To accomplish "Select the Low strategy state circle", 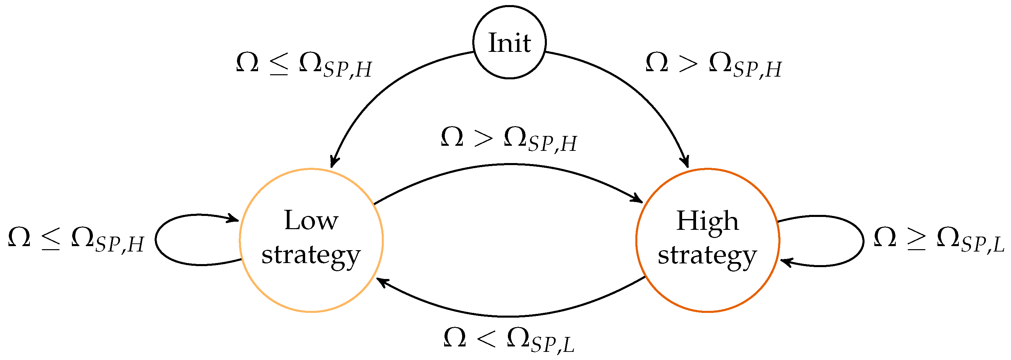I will tap(311, 291).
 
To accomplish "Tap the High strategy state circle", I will tap(707, 291).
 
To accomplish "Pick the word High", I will tap(707, 221).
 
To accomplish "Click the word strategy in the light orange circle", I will tap(311, 256).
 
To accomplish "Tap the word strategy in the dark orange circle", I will tap(707, 256).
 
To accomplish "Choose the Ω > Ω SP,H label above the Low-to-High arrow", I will tap(509, 139).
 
